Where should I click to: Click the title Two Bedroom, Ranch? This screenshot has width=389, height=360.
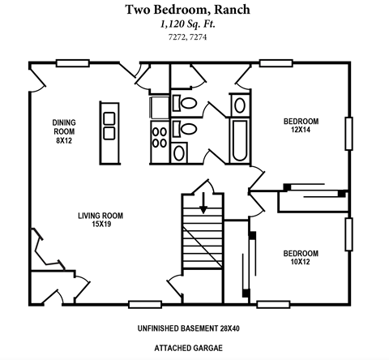coord(194,10)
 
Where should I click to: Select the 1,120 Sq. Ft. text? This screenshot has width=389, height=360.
coord(194,24)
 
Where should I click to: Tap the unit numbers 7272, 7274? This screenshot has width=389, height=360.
coord(194,37)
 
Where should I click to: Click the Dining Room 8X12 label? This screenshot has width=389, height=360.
coord(64,131)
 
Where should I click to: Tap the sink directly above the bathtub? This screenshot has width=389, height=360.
coord(241,105)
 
